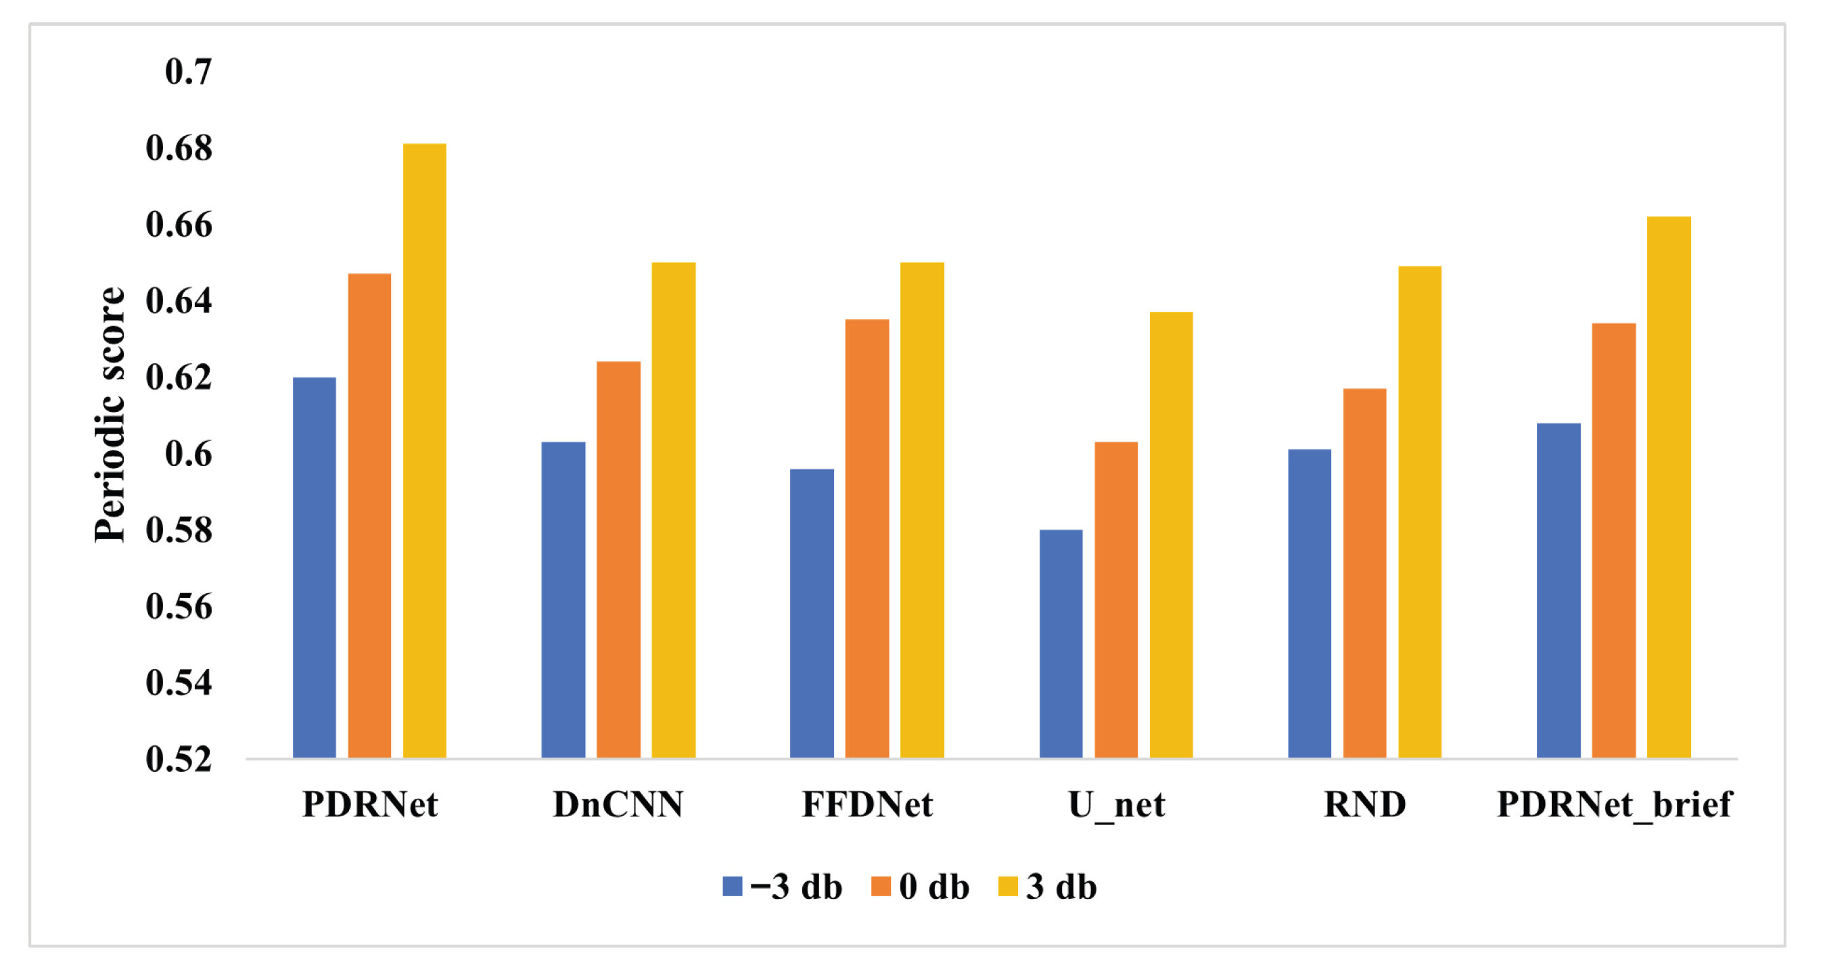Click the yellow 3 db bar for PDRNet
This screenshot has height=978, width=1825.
[424, 450]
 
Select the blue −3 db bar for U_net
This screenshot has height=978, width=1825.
[1061, 644]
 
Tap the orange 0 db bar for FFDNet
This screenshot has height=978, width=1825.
[867, 539]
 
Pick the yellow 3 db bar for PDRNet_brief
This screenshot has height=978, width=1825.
[1669, 487]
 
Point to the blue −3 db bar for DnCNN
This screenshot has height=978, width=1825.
[563, 600]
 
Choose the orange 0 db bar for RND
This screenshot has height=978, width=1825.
[1364, 573]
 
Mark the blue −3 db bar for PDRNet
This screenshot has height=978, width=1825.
[314, 568]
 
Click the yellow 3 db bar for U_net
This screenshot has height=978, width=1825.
[1171, 535]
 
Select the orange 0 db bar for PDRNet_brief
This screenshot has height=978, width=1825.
[1614, 540]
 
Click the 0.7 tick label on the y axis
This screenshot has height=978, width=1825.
[189, 72]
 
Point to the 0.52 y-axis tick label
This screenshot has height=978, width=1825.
[179, 759]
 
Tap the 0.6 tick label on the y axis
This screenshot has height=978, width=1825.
[189, 454]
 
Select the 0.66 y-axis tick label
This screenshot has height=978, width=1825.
[179, 225]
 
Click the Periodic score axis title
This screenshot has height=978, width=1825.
[110, 415]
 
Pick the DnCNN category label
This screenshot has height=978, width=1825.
[618, 804]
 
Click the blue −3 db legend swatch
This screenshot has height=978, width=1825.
[733, 886]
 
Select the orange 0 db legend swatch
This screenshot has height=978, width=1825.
[881, 886]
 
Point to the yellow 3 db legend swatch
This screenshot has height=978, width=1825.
[1008, 886]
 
